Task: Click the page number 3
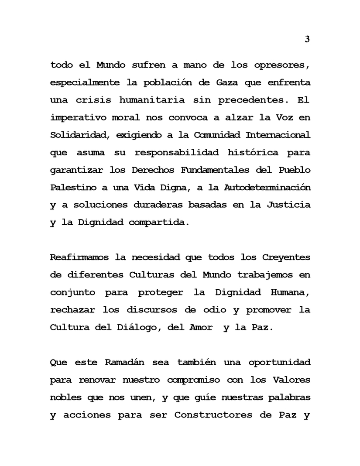(x=307, y=39)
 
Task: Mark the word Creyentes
(x=286, y=257)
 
